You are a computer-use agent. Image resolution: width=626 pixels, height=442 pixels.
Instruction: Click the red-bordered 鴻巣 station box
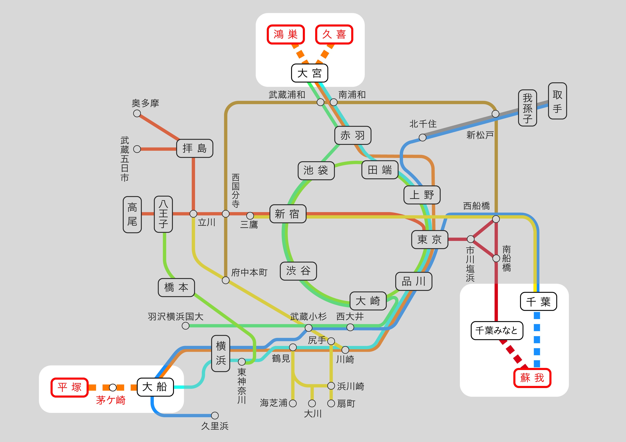tap(286, 35)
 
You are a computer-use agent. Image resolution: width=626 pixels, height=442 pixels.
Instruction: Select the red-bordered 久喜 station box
tap(334, 35)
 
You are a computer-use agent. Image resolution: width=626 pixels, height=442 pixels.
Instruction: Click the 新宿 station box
tap(288, 214)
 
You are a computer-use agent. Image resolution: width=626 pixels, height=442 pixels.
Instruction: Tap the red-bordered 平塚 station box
tap(70, 387)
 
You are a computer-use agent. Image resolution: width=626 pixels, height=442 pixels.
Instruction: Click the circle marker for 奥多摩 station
tap(137, 113)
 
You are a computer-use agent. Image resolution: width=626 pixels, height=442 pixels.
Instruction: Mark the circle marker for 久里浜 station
tap(215, 415)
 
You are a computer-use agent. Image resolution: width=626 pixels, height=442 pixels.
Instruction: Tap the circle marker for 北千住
tap(422, 138)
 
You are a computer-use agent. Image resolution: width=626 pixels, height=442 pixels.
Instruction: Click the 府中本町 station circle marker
tap(226, 280)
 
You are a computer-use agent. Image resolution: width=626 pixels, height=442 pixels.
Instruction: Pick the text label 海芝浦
tap(273, 403)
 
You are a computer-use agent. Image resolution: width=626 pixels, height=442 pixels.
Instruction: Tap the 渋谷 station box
tap(298, 271)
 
